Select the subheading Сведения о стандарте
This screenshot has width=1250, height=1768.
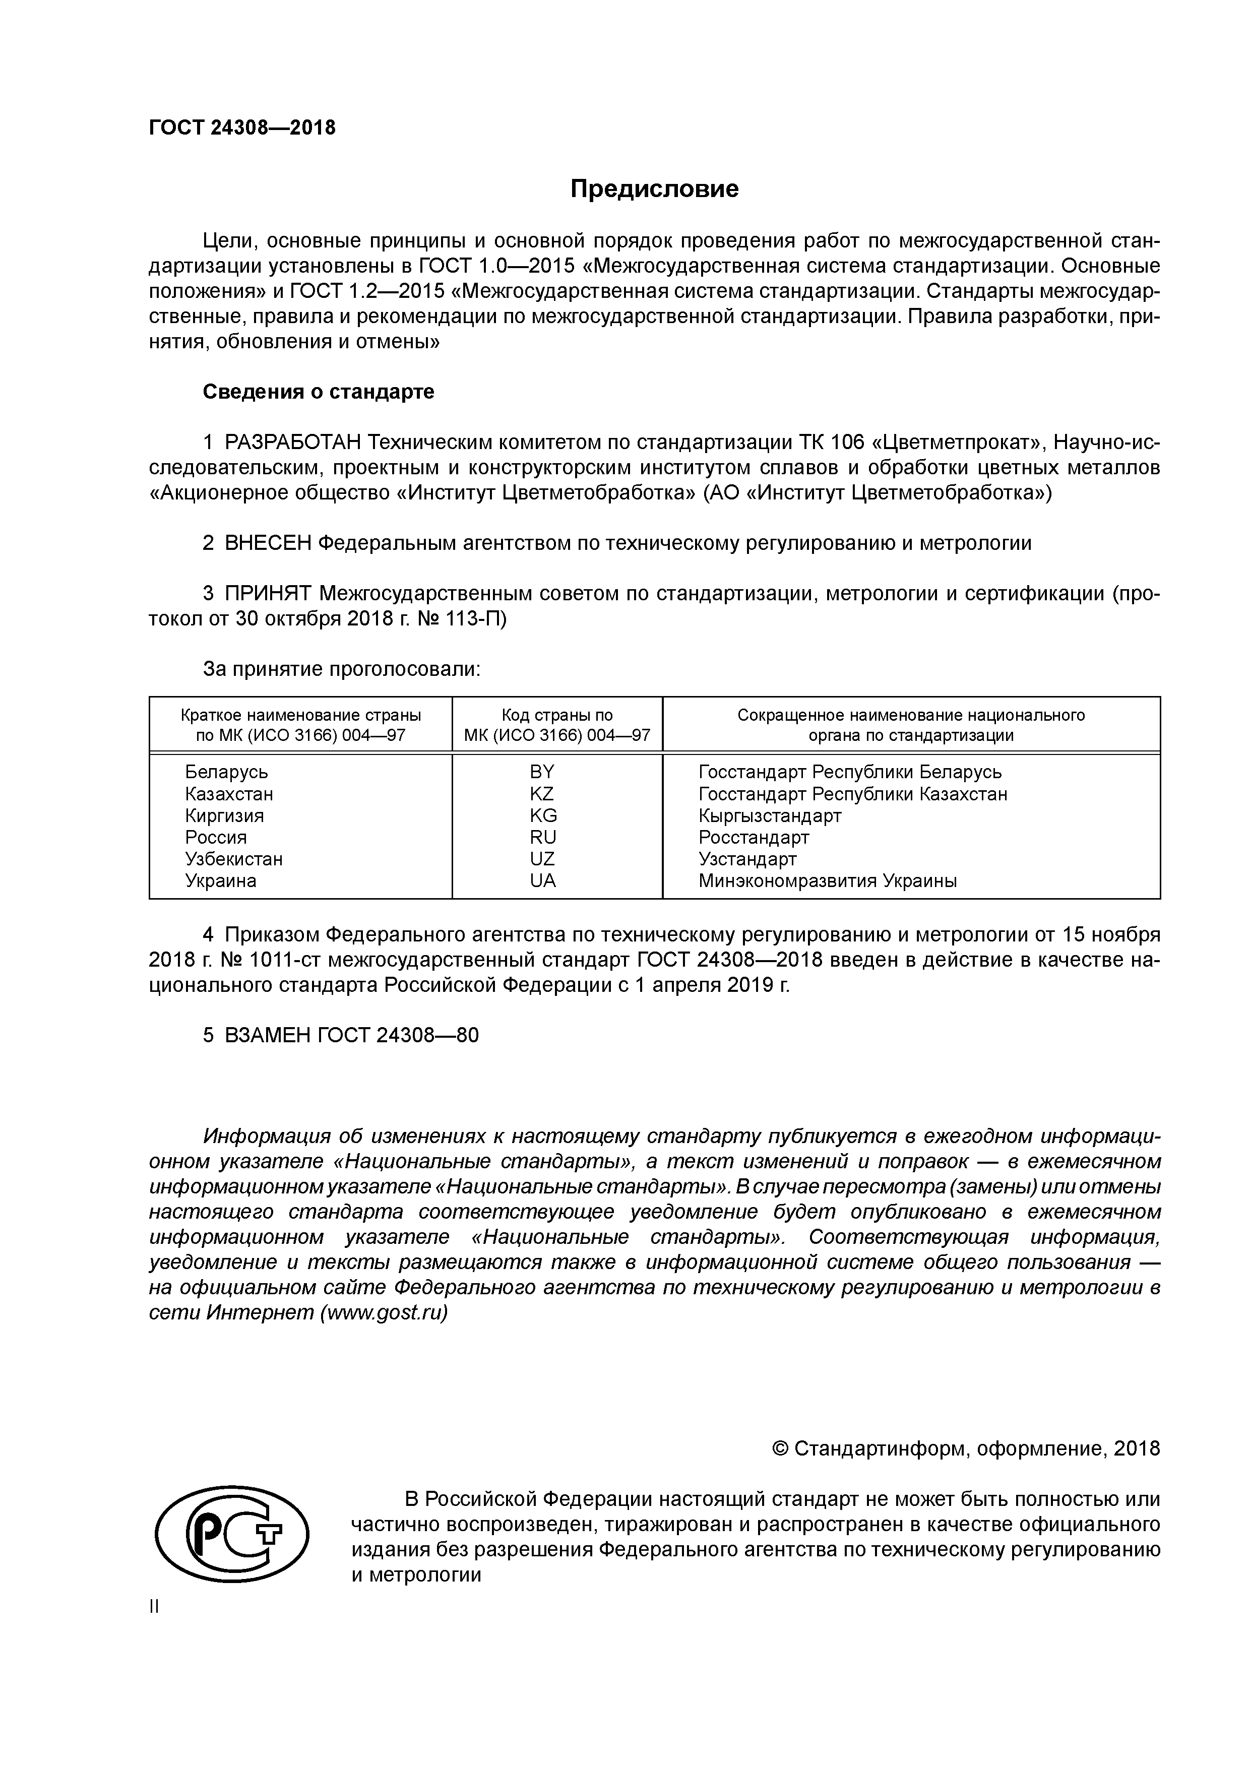pos(318,392)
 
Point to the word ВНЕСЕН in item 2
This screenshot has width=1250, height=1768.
pos(268,543)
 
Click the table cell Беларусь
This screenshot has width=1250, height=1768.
pos(226,772)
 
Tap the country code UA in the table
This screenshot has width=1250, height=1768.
pos(542,880)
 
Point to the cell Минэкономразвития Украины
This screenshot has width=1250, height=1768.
pos(827,880)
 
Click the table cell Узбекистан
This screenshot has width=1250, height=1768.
pos(233,859)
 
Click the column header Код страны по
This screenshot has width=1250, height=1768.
pos(557,715)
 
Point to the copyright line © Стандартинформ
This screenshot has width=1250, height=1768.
pos(965,1448)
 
